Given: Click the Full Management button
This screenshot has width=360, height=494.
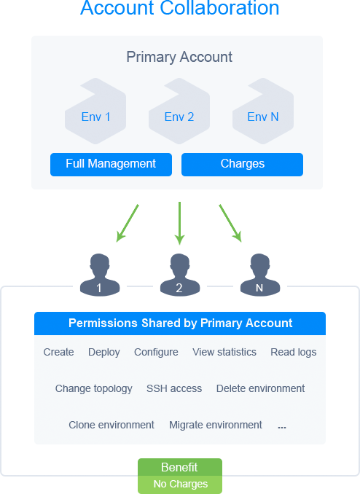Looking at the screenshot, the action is [x=111, y=165].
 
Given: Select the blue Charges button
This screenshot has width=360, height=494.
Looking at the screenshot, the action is [x=242, y=165].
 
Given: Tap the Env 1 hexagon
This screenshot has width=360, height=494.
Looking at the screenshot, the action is [x=95, y=111].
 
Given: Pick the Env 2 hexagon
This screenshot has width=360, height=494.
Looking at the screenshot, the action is [x=179, y=111].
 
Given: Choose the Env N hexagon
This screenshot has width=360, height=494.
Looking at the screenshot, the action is [x=263, y=111].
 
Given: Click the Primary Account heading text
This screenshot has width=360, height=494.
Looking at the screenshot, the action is [x=179, y=57].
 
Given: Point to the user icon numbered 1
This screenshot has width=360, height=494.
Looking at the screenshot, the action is [x=100, y=275].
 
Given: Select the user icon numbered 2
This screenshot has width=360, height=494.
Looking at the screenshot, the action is [x=180, y=275].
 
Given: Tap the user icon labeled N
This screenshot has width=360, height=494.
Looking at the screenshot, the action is [x=259, y=275].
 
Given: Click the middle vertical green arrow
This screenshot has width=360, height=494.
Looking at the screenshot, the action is [x=180, y=223].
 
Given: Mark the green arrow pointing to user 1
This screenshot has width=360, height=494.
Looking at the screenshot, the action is [x=128, y=224].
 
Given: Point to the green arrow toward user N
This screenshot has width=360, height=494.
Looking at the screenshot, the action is [x=230, y=224].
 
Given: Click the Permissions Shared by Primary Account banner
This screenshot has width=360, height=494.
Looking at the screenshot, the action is [x=180, y=324].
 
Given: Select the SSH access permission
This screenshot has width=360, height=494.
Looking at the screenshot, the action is [x=174, y=388].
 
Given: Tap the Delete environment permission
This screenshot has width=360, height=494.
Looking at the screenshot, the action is [x=260, y=388].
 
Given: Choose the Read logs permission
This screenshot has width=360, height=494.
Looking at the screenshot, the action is [x=294, y=352].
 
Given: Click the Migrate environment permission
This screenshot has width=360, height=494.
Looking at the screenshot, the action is [x=216, y=425].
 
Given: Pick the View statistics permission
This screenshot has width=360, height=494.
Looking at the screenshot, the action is [x=224, y=352].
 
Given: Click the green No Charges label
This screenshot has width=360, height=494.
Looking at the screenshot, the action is [x=180, y=485].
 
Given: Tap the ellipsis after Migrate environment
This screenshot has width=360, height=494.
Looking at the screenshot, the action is [x=282, y=428].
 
